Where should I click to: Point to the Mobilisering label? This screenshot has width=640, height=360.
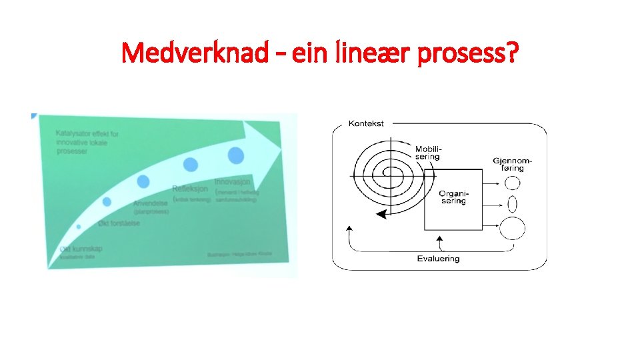pyautogui.click(x=427, y=153)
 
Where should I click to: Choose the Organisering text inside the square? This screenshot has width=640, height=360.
pyautogui.click(x=453, y=197)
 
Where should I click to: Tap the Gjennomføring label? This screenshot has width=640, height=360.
pyautogui.click(x=513, y=164)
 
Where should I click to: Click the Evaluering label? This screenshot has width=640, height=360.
pyautogui.click(x=438, y=259)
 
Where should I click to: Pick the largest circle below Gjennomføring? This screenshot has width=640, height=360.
pyautogui.click(x=513, y=228)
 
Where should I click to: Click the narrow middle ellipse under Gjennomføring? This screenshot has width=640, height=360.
pyautogui.click(x=513, y=202)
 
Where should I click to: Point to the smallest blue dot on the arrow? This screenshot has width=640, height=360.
pyautogui.click(x=79, y=227)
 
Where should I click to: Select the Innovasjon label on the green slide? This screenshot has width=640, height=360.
pyautogui.click(x=233, y=181)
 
